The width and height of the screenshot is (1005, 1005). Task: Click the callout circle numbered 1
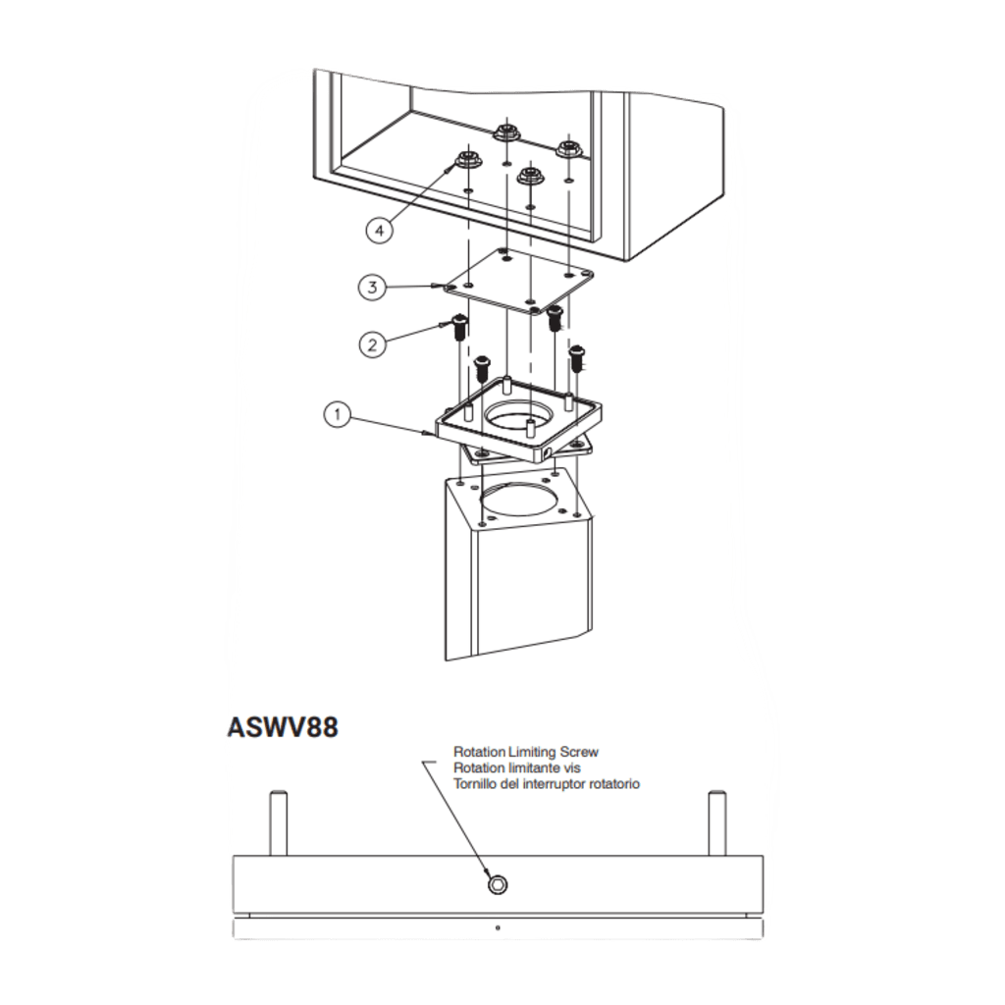click(x=338, y=414)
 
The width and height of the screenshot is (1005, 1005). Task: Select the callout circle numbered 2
click(x=372, y=344)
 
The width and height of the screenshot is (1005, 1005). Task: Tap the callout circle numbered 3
click(x=372, y=288)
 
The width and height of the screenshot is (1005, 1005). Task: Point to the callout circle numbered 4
click(x=380, y=230)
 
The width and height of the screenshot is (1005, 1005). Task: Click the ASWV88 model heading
click(x=283, y=727)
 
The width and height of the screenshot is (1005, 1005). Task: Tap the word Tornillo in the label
click(x=474, y=783)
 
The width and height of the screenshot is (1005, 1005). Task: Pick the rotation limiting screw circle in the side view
click(x=498, y=885)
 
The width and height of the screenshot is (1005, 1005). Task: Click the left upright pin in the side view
click(x=278, y=823)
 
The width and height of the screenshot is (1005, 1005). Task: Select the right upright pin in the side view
click(x=717, y=823)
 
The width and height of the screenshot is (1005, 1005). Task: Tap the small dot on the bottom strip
click(x=498, y=927)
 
